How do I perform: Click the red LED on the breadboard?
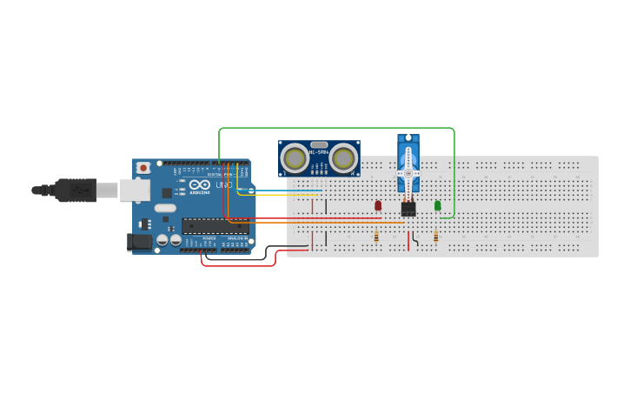(377, 205)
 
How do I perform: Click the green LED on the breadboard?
(437, 205)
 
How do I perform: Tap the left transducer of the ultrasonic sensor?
(295, 158)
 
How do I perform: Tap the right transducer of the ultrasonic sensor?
(343, 158)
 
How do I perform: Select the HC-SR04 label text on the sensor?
(319, 153)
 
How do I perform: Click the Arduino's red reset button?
(143, 167)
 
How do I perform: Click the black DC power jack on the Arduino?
(138, 242)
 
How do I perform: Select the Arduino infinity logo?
(199, 184)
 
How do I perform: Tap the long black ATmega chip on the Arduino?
(215, 226)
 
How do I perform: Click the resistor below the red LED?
(376, 237)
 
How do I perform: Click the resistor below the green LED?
(435, 237)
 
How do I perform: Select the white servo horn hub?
(408, 174)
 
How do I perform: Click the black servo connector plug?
(408, 209)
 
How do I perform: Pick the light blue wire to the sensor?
(287, 190)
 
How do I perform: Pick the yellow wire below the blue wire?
(287, 195)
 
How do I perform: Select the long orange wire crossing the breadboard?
(330, 223)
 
